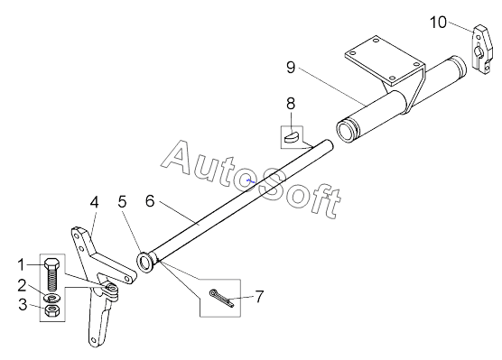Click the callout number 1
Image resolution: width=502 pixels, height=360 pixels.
(x=21, y=265)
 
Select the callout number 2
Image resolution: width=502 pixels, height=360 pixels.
(x=22, y=285)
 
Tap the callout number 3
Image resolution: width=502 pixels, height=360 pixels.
(x=23, y=304)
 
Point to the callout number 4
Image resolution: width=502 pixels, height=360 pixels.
(x=94, y=202)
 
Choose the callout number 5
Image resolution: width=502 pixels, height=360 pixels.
(x=122, y=201)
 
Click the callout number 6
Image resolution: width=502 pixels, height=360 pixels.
(x=150, y=201)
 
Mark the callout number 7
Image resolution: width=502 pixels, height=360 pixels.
(x=259, y=296)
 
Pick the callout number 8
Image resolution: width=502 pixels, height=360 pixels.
(x=291, y=104)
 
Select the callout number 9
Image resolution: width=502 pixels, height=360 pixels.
(x=291, y=68)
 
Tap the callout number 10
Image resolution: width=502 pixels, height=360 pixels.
(x=438, y=23)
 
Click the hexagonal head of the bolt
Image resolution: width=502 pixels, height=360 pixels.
(x=51, y=263)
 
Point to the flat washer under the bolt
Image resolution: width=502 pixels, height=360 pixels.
(x=51, y=299)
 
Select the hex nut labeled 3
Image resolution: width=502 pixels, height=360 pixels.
(x=51, y=310)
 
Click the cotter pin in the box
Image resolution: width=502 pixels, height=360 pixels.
(x=221, y=299)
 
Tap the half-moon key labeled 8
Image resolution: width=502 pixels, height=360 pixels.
(x=292, y=136)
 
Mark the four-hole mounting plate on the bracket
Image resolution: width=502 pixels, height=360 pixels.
(x=385, y=60)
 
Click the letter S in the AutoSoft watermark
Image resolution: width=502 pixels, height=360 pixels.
(x=272, y=185)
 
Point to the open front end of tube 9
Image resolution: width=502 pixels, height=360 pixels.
(x=346, y=131)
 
